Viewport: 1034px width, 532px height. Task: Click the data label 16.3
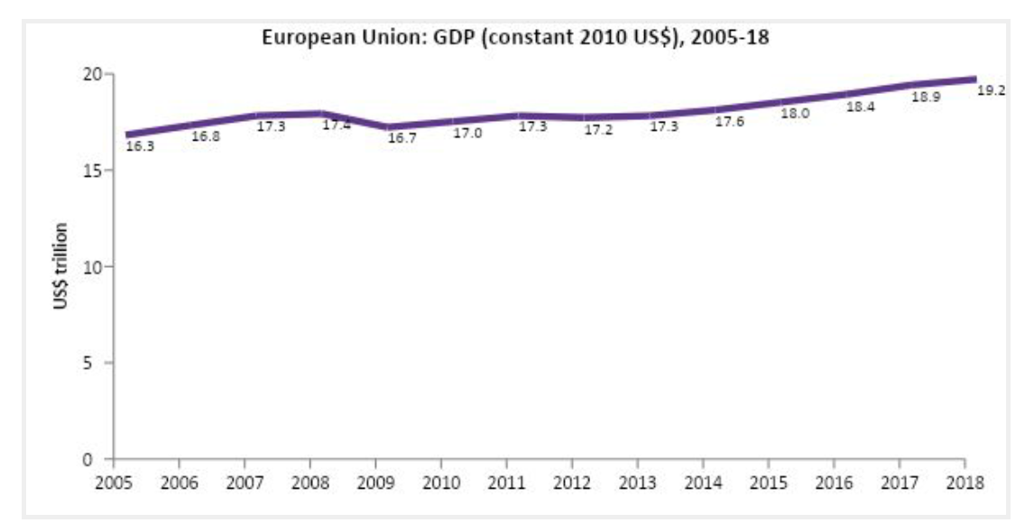pyautogui.click(x=139, y=145)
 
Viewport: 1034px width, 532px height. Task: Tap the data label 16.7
pyautogui.click(x=401, y=138)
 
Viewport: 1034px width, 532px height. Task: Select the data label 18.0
pyautogui.click(x=794, y=114)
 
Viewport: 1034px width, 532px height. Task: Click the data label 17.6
pyautogui.click(x=729, y=121)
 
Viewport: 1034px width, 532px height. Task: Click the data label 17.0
pyautogui.click(x=466, y=133)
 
